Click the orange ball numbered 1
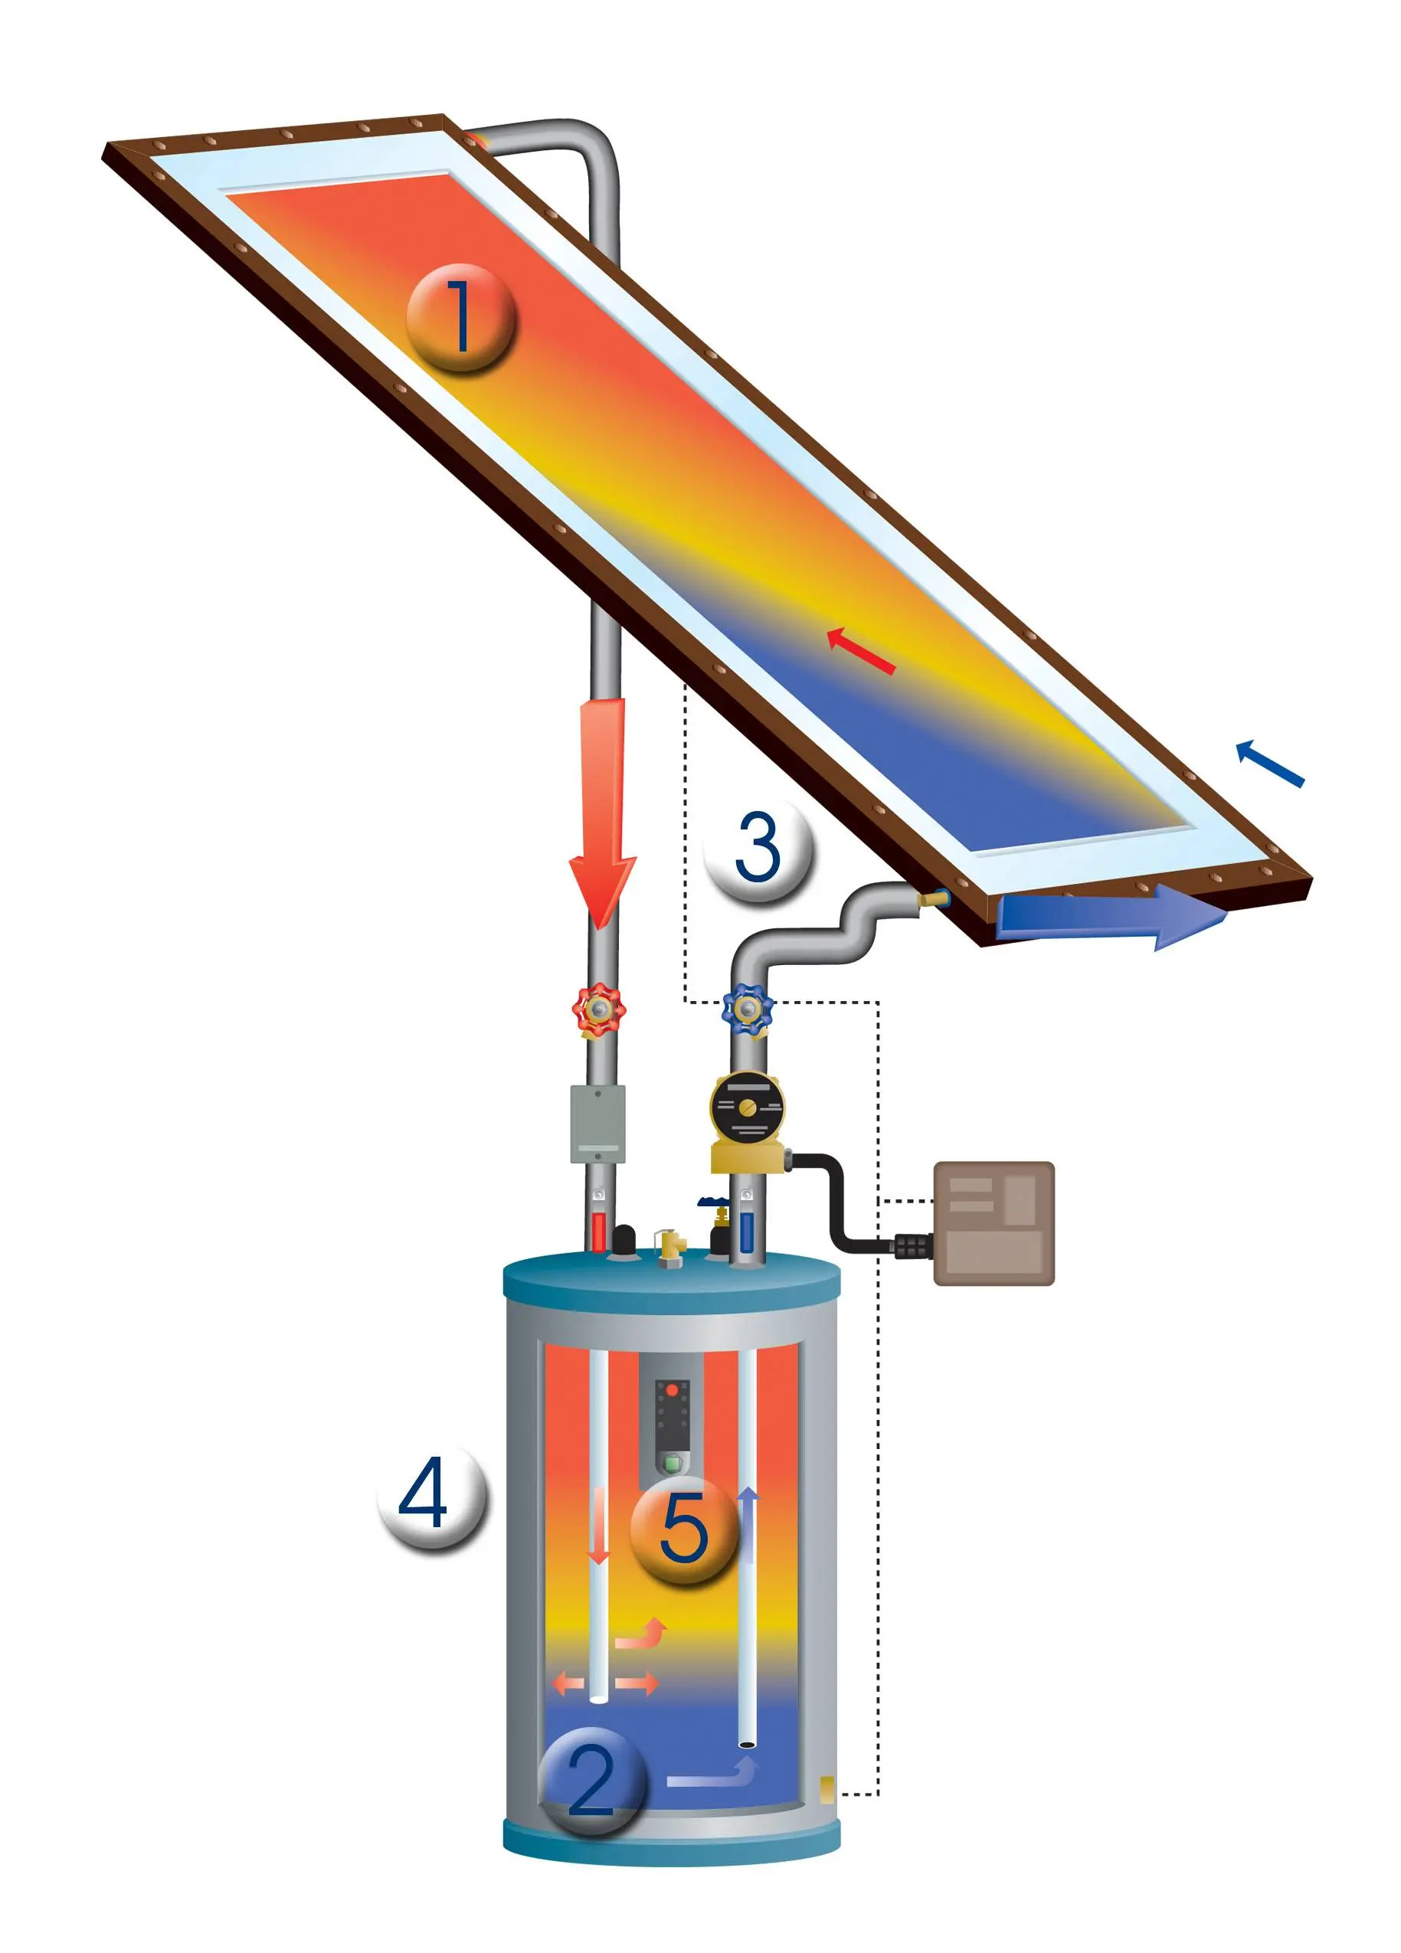point(460,318)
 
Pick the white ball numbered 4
point(432,1494)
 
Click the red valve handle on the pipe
point(598,1009)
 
